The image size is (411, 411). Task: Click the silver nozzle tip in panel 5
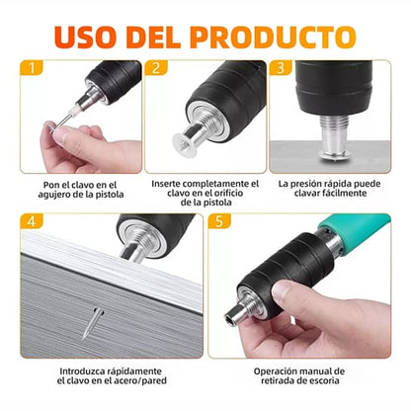click(x=234, y=315)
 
